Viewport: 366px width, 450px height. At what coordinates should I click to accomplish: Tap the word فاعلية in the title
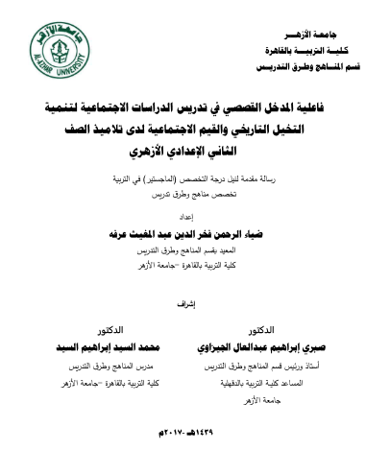point(320,101)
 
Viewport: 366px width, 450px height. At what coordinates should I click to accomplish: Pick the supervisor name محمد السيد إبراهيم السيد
point(93,343)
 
